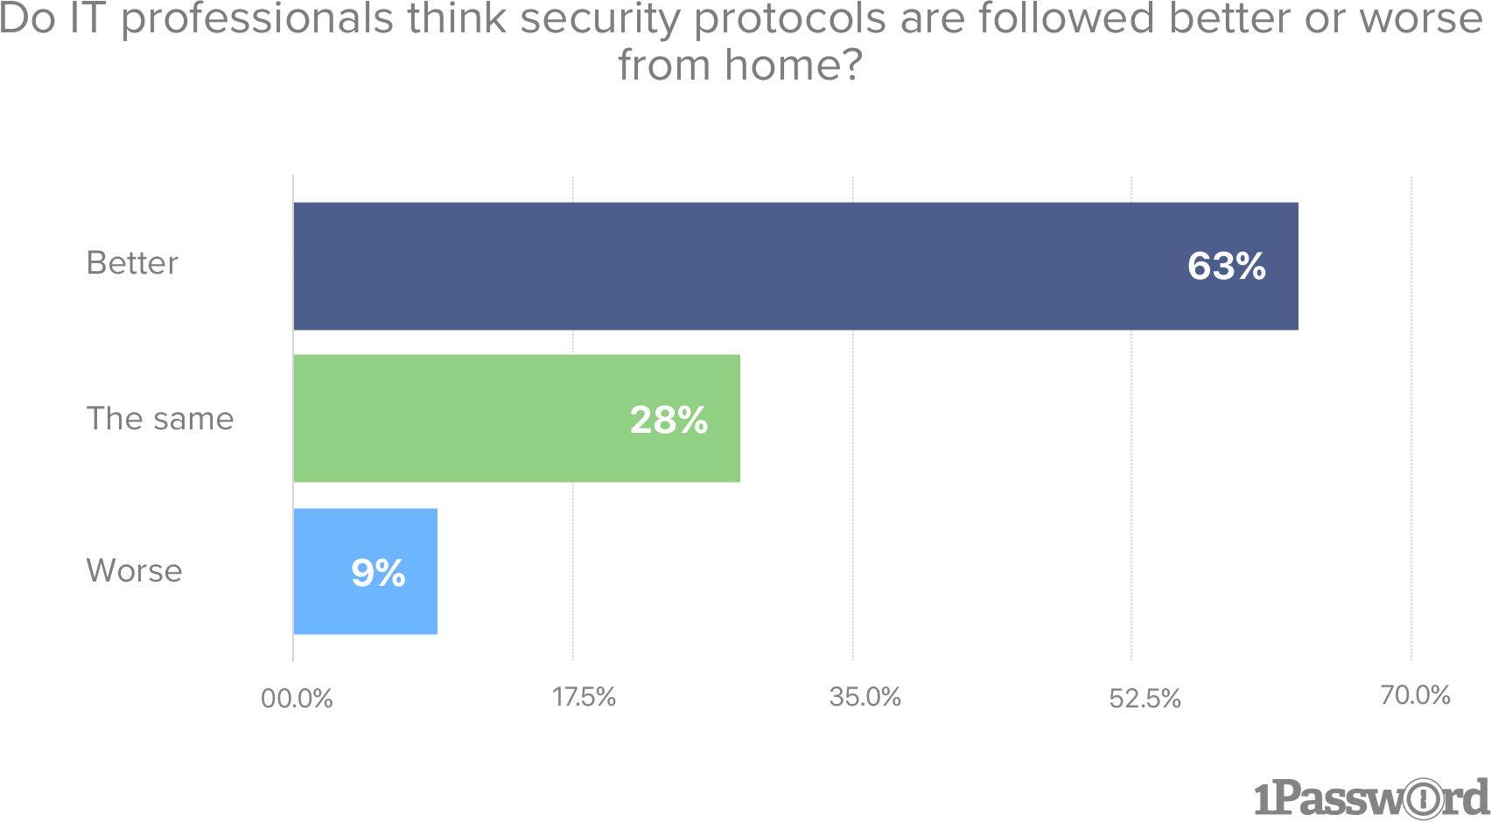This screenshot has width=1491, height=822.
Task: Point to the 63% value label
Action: tap(1226, 266)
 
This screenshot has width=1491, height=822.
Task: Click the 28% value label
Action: tap(668, 420)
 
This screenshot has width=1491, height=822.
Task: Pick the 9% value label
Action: tap(378, 573)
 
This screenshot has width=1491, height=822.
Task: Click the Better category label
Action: tap(132, 262)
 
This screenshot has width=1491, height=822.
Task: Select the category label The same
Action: tap(160, 418)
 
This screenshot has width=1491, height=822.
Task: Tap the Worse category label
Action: tap(134, 570)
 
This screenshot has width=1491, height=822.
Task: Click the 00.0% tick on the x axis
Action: tap(297, 699)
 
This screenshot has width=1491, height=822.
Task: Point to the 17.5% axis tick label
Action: tap(584, 697)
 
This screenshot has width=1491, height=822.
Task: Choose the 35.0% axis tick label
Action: tap(864, 697)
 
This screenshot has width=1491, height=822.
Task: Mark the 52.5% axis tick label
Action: tap(1144, 699)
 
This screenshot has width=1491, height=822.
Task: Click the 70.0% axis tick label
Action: tap(1415, 695)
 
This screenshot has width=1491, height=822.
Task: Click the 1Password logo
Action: tap(1370, 797)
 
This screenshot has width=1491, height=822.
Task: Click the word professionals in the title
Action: tap(257, 19)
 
